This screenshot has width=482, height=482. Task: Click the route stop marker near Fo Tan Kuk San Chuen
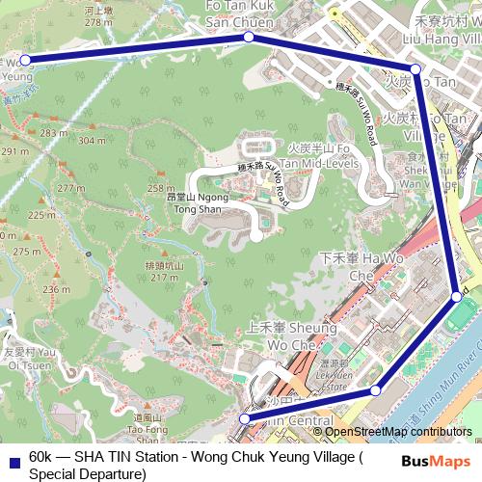point(249,37)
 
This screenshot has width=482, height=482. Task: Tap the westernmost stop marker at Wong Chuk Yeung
point(26,60)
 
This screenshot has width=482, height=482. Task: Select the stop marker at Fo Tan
point(415,69)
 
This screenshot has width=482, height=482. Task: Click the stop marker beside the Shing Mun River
point(457,296)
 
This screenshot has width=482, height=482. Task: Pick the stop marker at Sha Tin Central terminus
point(245,418)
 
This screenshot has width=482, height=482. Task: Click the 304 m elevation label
point(92,141)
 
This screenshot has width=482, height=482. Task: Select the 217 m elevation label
point(164,277)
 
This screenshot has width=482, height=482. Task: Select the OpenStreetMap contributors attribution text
point(397,432)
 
